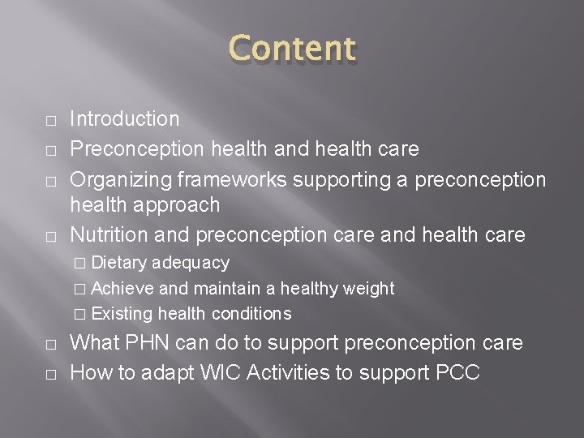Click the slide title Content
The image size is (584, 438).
pos(291,49)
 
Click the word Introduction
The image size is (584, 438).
pos(125,119)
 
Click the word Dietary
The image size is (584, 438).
pos(119,263)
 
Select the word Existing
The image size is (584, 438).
pos(123,313)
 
